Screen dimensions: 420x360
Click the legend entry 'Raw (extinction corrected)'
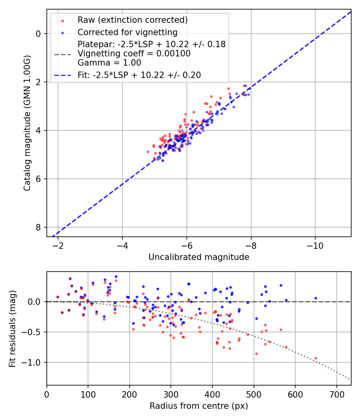[x=132, y=20]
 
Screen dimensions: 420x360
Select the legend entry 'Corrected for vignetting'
[x=127, y=32]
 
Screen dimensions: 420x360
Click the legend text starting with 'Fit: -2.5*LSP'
[x=139, y=75]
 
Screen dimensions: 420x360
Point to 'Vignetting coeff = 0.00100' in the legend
[x=134, y=53]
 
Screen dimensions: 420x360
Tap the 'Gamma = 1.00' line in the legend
[x=110, y=62]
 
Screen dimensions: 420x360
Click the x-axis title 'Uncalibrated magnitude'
[x=199, y=257]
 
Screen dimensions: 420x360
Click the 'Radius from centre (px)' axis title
[x=199, y=406]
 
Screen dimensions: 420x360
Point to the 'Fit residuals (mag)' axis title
[x=12, y=329]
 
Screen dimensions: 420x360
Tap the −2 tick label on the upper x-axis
[x=58, y=244]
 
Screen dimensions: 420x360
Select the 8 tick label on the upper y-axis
[x=38, y=227]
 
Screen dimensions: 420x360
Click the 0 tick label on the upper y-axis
[x=38, y=34]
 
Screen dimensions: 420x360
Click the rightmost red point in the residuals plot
[x=316, y=358]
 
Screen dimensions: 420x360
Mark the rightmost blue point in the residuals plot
[x=316, y=298]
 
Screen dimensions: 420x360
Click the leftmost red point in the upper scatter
[x=148, y=152]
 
